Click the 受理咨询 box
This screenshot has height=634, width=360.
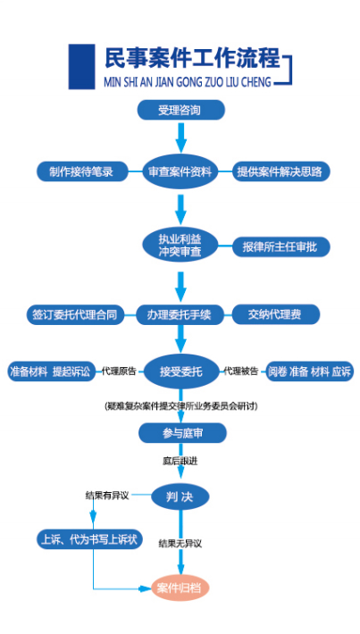[x=180, y=110]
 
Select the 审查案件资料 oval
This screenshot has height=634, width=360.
[x=180, y=171]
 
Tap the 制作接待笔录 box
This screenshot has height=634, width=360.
[x=82, y=171]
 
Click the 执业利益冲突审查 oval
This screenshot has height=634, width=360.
[x=180, y=246]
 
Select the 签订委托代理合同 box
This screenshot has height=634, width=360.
[x=75, y=314]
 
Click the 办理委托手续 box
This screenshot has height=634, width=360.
[x=180, y=314]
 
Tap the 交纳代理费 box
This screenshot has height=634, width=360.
[x=276, y=314]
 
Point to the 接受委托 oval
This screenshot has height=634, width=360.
[x=180, y=371]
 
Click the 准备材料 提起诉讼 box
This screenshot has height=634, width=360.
[x=52, y=371]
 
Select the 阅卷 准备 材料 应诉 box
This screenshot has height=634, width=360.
[x=309, y=371]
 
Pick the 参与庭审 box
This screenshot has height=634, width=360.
[x=182, y=433]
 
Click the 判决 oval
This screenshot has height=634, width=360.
[x=180, y=496]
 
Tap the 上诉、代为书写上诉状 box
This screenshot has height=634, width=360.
[x=90, y=539]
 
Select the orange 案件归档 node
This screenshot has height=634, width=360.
[x=180, y=588]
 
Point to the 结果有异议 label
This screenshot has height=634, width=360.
[x=107, y=496]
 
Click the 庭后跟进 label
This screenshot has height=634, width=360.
[x=180, y=461]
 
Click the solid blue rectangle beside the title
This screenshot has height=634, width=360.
[x=81, y=66]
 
